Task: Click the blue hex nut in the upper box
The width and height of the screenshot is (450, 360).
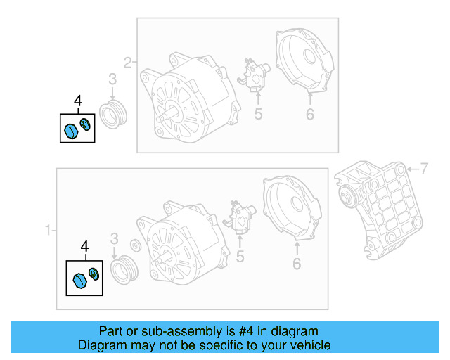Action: (70, 130)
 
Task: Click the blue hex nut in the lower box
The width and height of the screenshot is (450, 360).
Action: (79, 281)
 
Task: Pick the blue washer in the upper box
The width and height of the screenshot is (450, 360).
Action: (86, 125)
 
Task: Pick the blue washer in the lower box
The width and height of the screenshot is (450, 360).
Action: (94, 273)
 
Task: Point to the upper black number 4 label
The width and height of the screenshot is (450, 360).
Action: (77, 102)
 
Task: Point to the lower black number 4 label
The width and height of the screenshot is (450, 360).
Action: (84, 246)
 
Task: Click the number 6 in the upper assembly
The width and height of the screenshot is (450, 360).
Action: (309, 114)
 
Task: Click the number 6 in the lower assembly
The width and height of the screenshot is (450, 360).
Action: (296, 264)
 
